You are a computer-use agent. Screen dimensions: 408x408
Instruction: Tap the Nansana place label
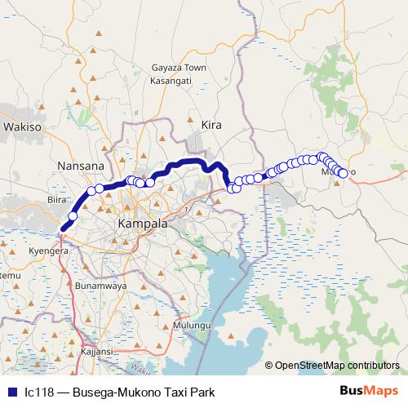tap(81, 166)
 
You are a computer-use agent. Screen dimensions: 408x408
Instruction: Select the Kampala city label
tap(143, 223)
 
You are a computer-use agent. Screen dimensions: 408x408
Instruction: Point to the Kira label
tap(211, 124)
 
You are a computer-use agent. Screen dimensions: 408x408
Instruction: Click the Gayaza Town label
tap(179, 69)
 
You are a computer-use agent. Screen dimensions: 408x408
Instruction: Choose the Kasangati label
tap(171, 82)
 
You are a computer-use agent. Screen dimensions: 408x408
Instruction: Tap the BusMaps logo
tap(370, 392)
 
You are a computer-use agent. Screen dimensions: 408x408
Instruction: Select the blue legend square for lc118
tap(11, 392)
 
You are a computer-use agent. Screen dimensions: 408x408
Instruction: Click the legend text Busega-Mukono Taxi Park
tap(144, 392)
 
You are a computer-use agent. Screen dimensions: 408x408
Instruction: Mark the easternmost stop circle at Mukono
tap(344, 173)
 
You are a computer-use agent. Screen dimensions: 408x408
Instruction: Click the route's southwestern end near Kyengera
tap(62, 229)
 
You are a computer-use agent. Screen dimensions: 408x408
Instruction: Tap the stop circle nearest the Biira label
tap(73, 216)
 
